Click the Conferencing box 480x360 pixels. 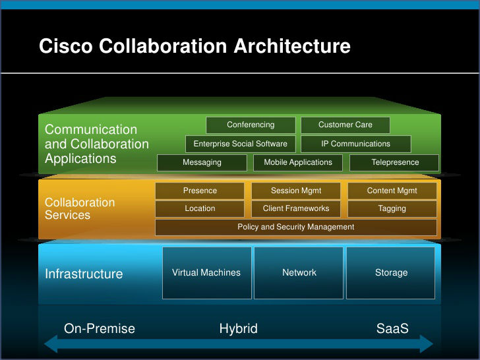tap(251, 125)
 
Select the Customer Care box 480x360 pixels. tap(345, 125)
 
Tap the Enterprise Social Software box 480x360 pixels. tap(240, 144)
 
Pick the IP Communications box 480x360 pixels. tap(356, 144)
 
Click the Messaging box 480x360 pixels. tap(202, 162)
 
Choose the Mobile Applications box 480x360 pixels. tap(298, 162)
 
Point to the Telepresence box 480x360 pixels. tap(395, 162)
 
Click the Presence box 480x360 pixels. tap(200, 191)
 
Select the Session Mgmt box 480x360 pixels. tap(296, 191)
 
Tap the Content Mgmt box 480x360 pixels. tap(392, 191)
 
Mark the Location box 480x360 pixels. tap(200, 209)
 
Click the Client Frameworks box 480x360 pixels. tap(296, 209)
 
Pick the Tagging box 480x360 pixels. tap(392, 209)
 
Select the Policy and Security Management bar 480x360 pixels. tap(296, 227)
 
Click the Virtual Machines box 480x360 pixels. tap(206, 273)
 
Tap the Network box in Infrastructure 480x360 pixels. tap(299, 273)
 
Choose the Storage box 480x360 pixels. tap(391, 273)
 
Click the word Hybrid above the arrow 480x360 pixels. tap(239, 328)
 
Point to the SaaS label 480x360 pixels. tap(392, 328)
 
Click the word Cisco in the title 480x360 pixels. tap(67, 47)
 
